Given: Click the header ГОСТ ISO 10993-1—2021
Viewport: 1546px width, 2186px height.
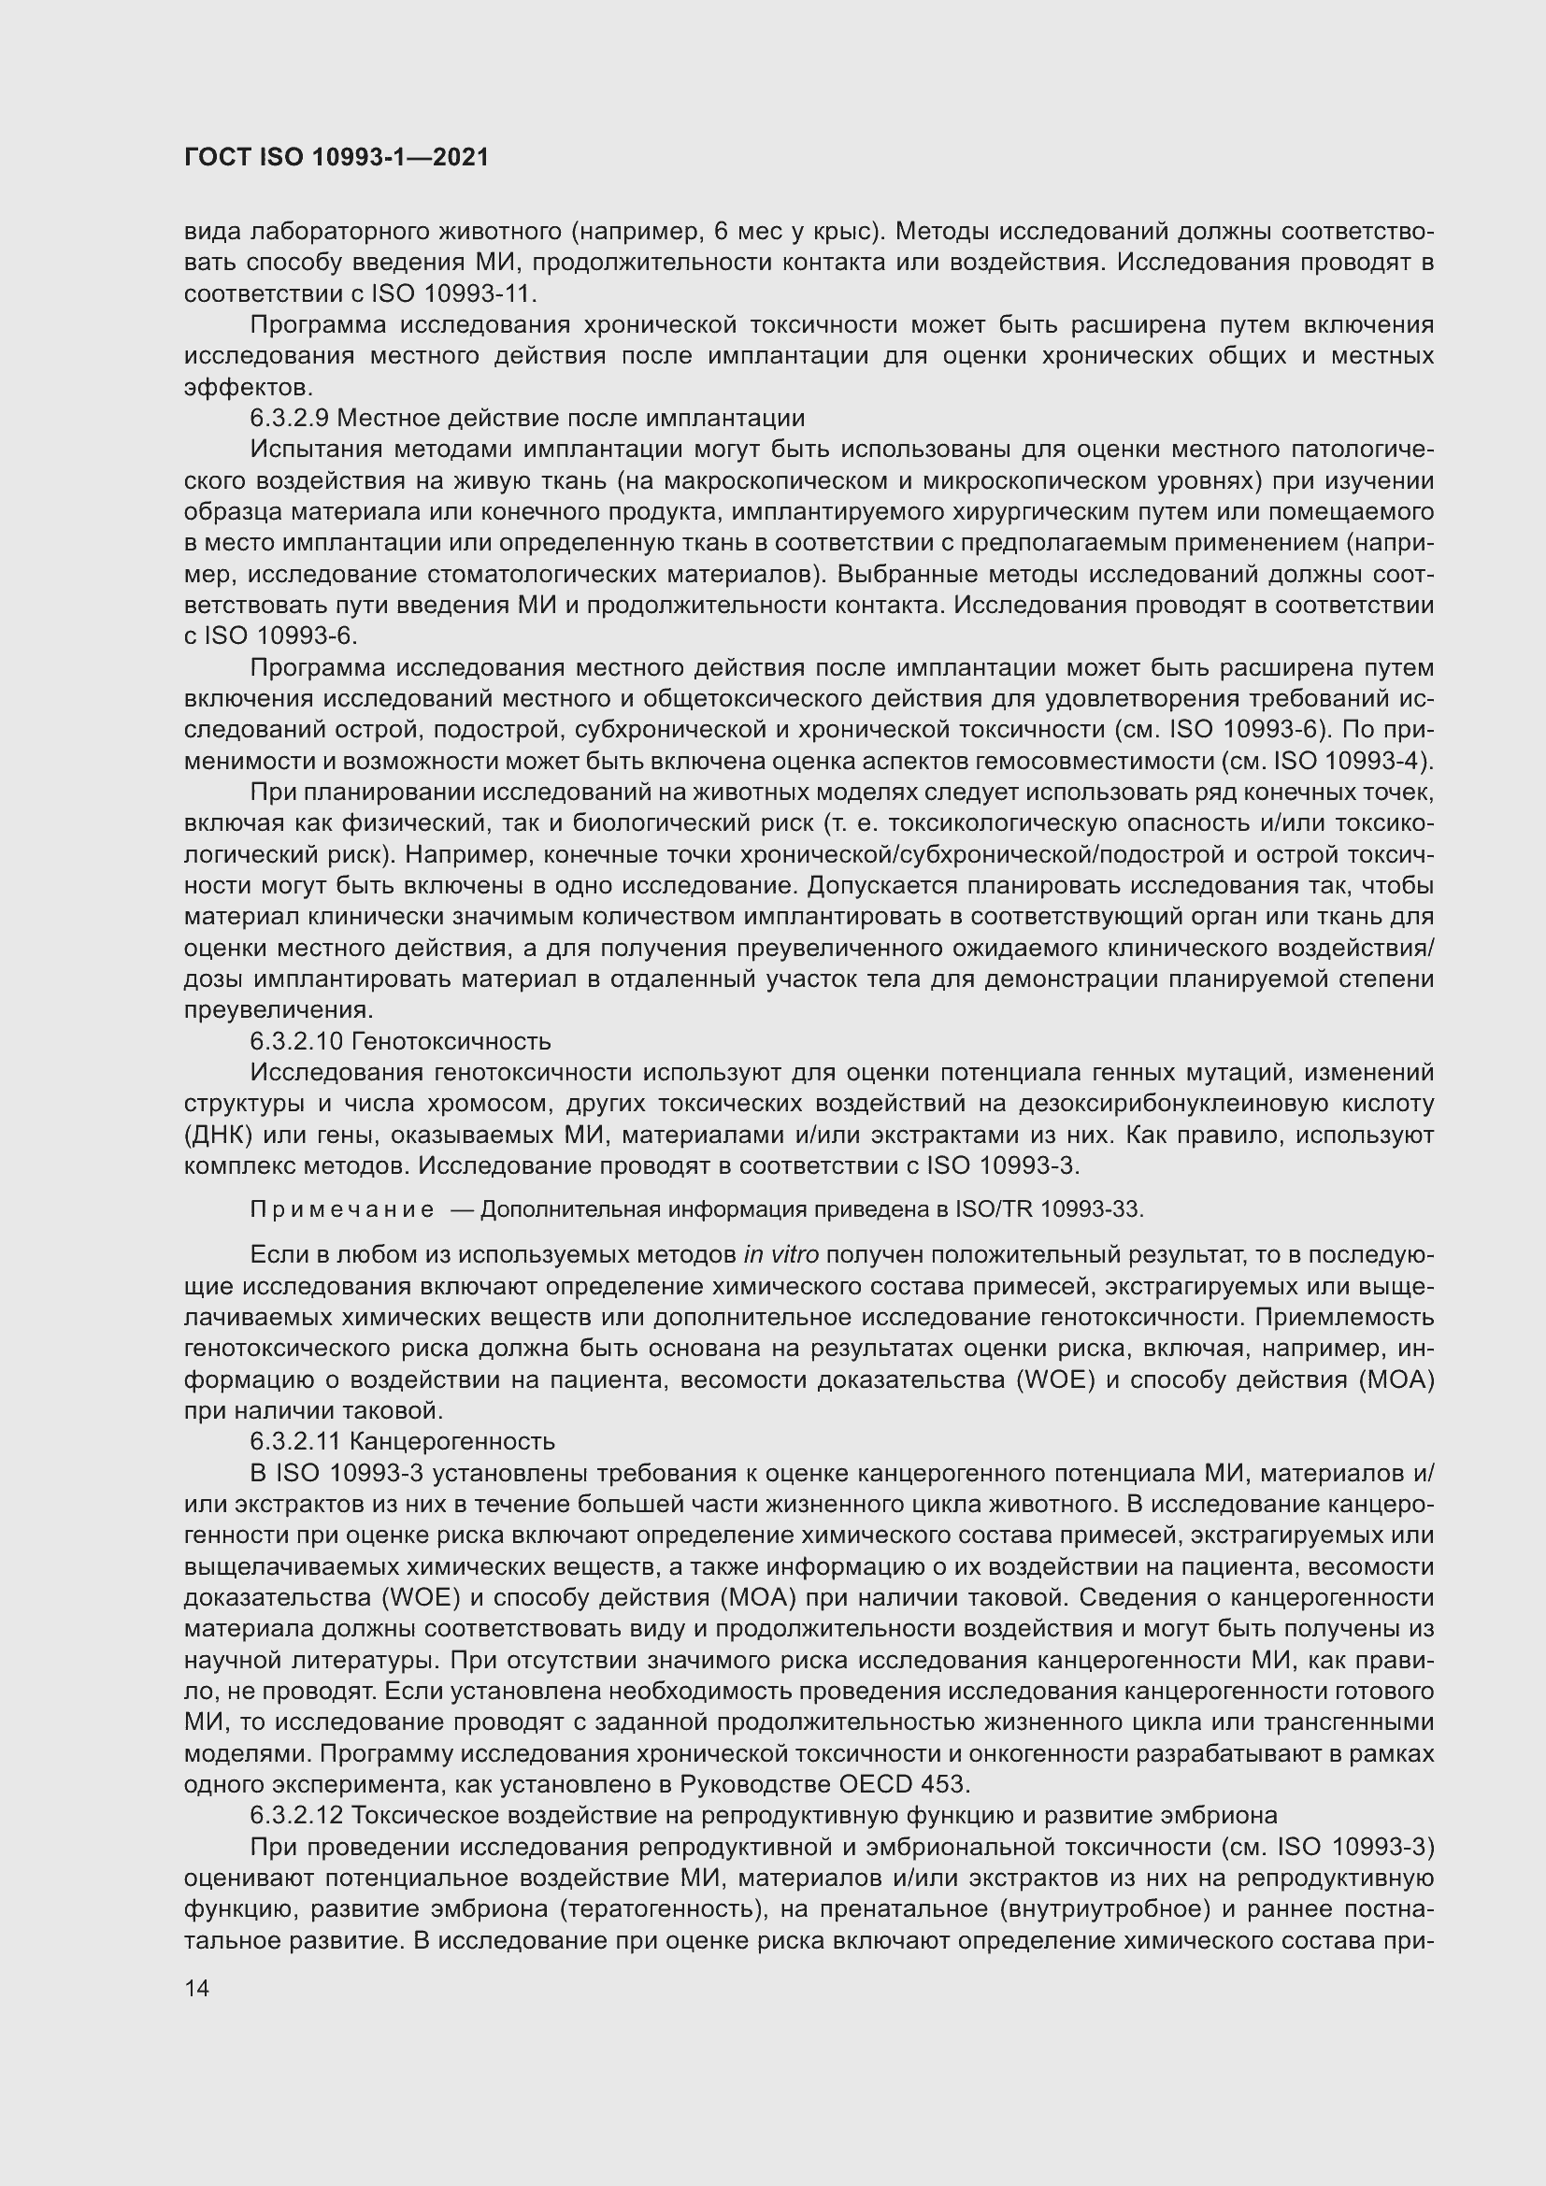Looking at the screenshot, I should [336, 157].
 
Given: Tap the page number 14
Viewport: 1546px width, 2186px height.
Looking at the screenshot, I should [196, 1987].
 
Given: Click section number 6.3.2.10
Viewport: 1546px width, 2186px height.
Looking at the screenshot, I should [296, 1041].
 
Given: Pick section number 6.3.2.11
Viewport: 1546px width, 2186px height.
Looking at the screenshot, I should [295, 1441].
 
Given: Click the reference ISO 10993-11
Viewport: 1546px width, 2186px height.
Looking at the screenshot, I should [453, 293].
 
